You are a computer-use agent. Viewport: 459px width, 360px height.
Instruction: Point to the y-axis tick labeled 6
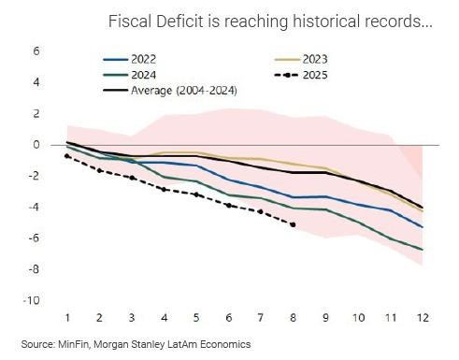coord(36,50)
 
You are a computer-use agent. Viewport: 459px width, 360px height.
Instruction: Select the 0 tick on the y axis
coord(36,144)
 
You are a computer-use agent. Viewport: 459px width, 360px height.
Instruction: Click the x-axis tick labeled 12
coord(423,318)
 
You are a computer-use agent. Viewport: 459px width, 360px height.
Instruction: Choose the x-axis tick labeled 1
coord(66,318)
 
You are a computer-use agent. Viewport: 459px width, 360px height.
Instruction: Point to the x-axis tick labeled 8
coord(294,318)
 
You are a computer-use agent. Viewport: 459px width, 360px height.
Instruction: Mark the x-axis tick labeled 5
coord(196,318)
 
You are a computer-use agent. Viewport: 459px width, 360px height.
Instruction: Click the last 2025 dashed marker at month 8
coord(294,224)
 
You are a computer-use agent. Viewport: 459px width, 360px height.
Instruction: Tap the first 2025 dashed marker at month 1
coord(66,156)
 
